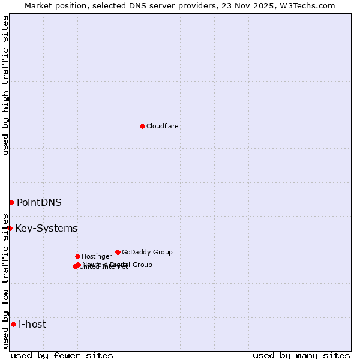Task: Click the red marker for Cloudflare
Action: [x=142, y=126]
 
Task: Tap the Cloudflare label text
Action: [x=162, y=126]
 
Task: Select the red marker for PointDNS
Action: [x=11, y=202]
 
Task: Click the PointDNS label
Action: [x=39, y=202]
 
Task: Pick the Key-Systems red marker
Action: [x=10, y=228]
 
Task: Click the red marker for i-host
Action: [x=13, y=324]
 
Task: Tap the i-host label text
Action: [x=32, y=324]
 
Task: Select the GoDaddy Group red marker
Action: [x=118, y=252]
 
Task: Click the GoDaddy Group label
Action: [x=147, y=252]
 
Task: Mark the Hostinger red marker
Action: [x=77, y=256]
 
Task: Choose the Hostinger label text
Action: [x=97, y=256]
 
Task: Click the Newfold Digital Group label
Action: [x=118, y=264]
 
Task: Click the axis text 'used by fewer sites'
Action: [x=62, y=355]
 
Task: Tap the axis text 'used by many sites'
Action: [x=301, y=355]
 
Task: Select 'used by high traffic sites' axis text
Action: [x=5, y=85]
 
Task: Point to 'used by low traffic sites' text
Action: [x=5, y=280]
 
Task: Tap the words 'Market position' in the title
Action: [x=52, y=5]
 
